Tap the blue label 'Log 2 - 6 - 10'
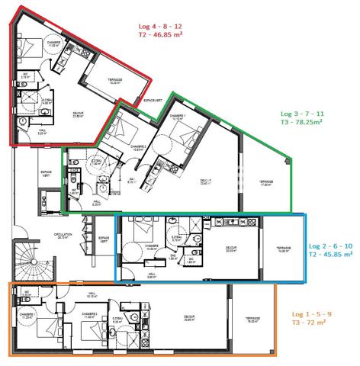point(329,246)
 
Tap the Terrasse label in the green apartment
point(265,182)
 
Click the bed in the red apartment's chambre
point(31,51)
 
